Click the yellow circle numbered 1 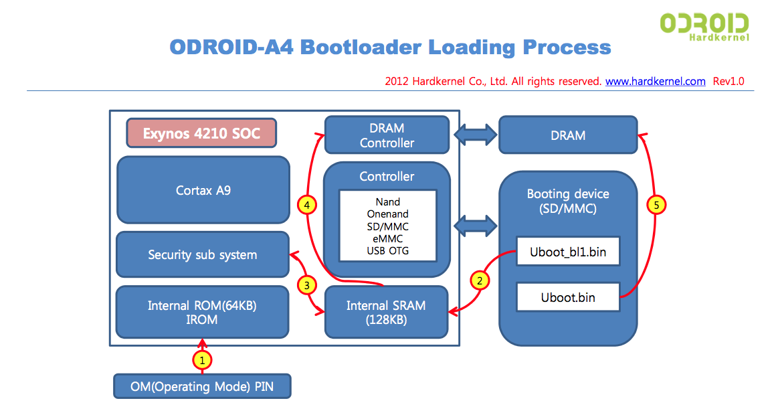click(x=203, y=360)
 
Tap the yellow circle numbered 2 click(x=480, y=280)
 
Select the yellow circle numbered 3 click(x=307, y=285)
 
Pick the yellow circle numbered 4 click(x=307, y=205)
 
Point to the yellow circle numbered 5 click(x=657, y=205)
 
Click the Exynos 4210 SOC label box click(x=201, y=134)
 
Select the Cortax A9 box click(x=203, y=190)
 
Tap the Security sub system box click(x=202, y=254)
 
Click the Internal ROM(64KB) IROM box click(x=202, y=313)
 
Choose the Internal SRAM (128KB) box click(x=386, y=313)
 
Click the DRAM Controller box click(x=387, y=135)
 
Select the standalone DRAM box click(x=568, y=135)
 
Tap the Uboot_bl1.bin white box click(x=568, y=252)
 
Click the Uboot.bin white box click(x=568, y=297)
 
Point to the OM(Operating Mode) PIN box click(x=202, y=386)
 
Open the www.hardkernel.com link click(x=655, y=81)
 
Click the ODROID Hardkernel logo click(x=704, y=25)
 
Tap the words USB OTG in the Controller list click(x=388, y=250)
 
